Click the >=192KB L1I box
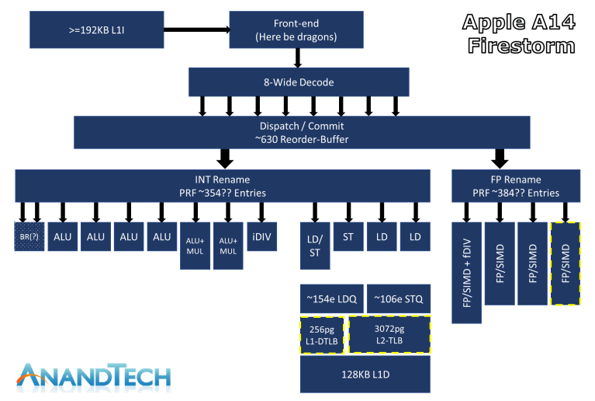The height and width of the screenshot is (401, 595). pyautogui.click(x=96, y=30)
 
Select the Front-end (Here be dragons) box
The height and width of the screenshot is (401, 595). pyautogui.click(x=296, y=30)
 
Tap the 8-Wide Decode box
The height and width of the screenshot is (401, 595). pyautogui.click(x=299, y=82)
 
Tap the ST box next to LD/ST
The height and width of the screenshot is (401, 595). pyautogui.click(x=348, y=236)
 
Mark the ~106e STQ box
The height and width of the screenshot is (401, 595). pyautogui.click(x=397, y=299)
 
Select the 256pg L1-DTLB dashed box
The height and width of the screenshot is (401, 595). pyautogui.click(x=321, y=335)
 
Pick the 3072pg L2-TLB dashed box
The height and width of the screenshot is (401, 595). pyautogui.click(x=388, y=335)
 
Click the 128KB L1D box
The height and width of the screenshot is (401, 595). pyautogui.click(x=365, y=374)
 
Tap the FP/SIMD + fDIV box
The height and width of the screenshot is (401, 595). pyautogui.click(x=466, y=271)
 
